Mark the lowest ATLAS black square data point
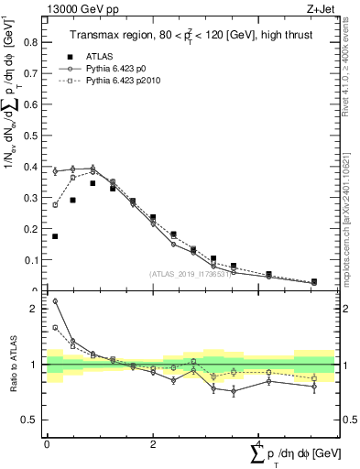pos(313,282)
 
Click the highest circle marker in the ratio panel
pos(55,300)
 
